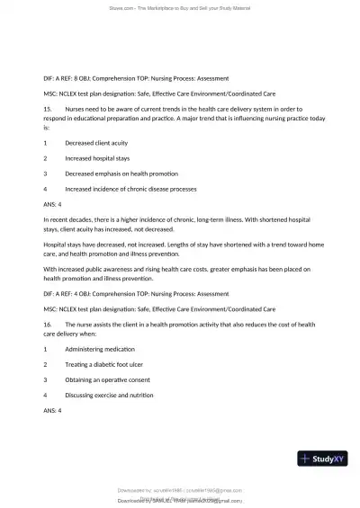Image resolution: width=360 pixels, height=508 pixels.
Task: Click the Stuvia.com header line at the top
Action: click(180, 8)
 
